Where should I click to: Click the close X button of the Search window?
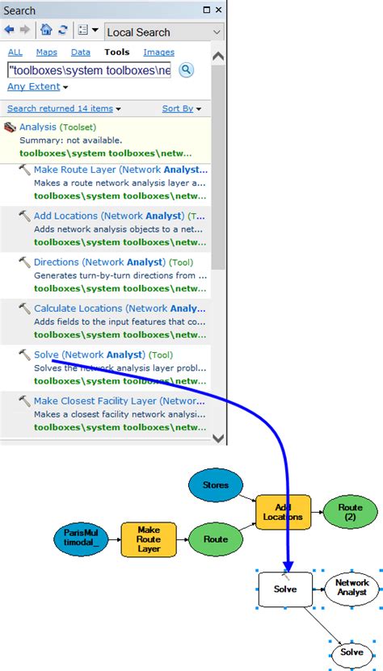(x=219, y=10)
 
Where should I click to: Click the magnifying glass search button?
(x=186, y=70)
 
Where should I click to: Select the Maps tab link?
(x=47, y=52)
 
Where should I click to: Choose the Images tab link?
(x=158, y=52)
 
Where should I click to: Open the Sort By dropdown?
(x=181, y=108)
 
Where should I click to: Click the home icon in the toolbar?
(x=46, y=31)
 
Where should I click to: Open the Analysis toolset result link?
(x=38, y=127)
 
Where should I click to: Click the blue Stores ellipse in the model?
(x=215, y=485)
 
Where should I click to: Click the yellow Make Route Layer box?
(x=149, y=539)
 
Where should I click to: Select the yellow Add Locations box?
(x=283, y=512)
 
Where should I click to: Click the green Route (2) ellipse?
(x=351, y=512)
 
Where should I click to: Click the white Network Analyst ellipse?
(x=351, y=587)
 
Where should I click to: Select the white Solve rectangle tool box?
(x=284, y=589)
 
